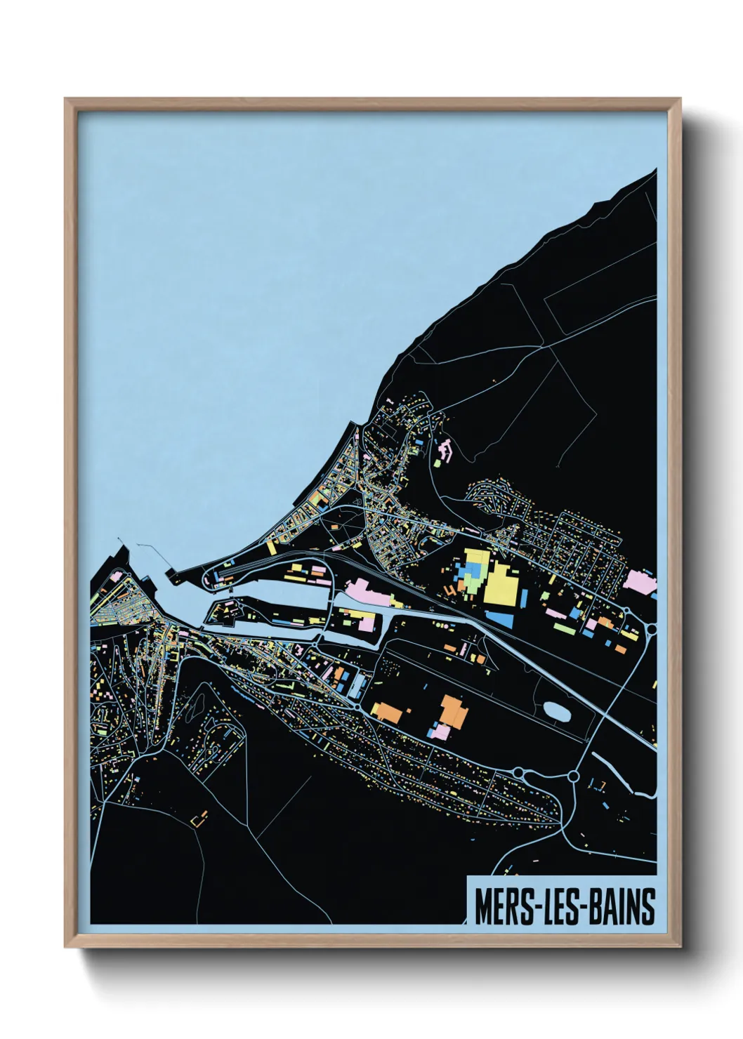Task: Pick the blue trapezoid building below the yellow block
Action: click(501, 618)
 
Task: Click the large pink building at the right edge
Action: click(639, 581)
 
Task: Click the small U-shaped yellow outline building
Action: click(199, 819)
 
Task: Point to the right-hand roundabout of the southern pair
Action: click(573, 776)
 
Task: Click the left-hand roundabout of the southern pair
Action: click(518, 772)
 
